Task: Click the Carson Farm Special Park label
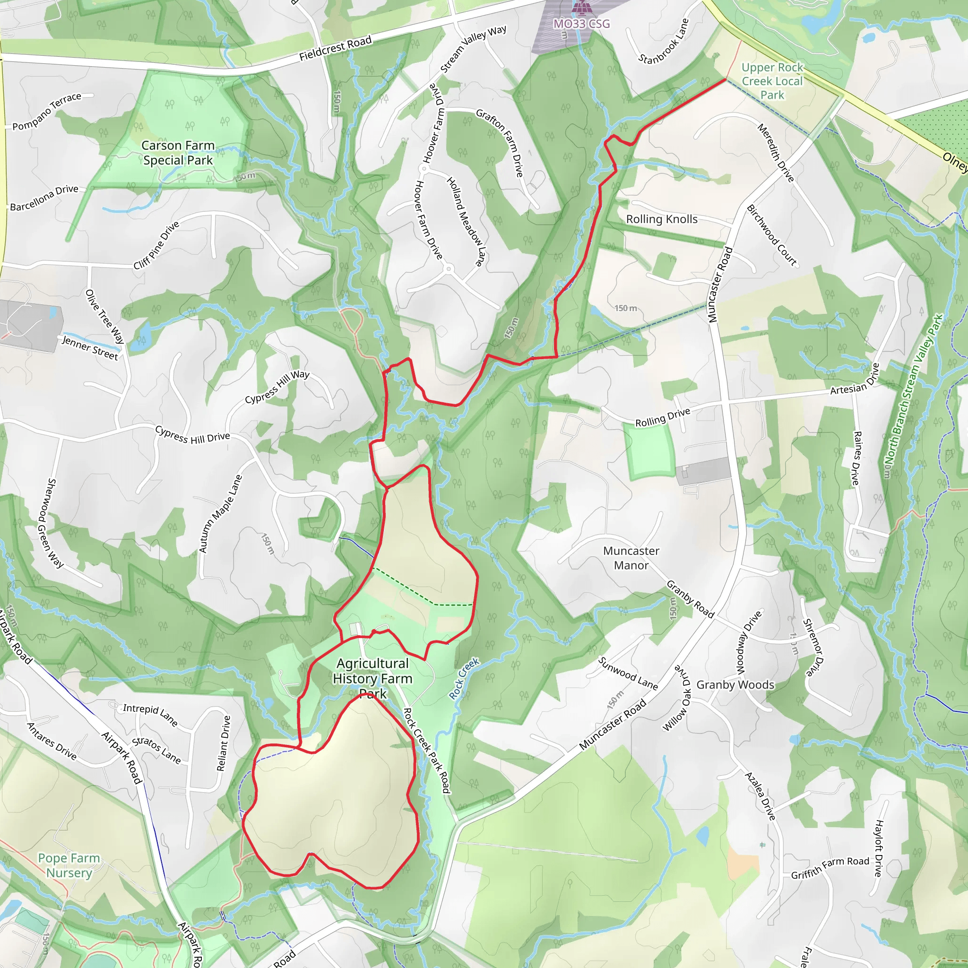[x=178, y=153]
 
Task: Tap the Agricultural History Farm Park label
[x=373, y=678]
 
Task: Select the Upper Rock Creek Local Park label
[x=772, y=81]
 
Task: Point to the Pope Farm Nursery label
[x=69, y=865]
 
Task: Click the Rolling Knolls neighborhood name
[x=661, y=219]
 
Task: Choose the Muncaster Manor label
[x=631, y=558]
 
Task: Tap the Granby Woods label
[x=735, y=685]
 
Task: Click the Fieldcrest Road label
[x=335, y=48]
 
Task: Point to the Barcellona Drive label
[x=44, y=198]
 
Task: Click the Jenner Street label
[x=90, y=348]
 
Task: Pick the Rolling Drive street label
[x=662, y=417]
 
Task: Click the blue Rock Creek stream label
[x=464, y=678]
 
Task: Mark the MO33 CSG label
[x=581, y=24]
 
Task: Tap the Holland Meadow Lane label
[x=466, y=221]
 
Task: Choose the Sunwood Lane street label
[x=627, y=673]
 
